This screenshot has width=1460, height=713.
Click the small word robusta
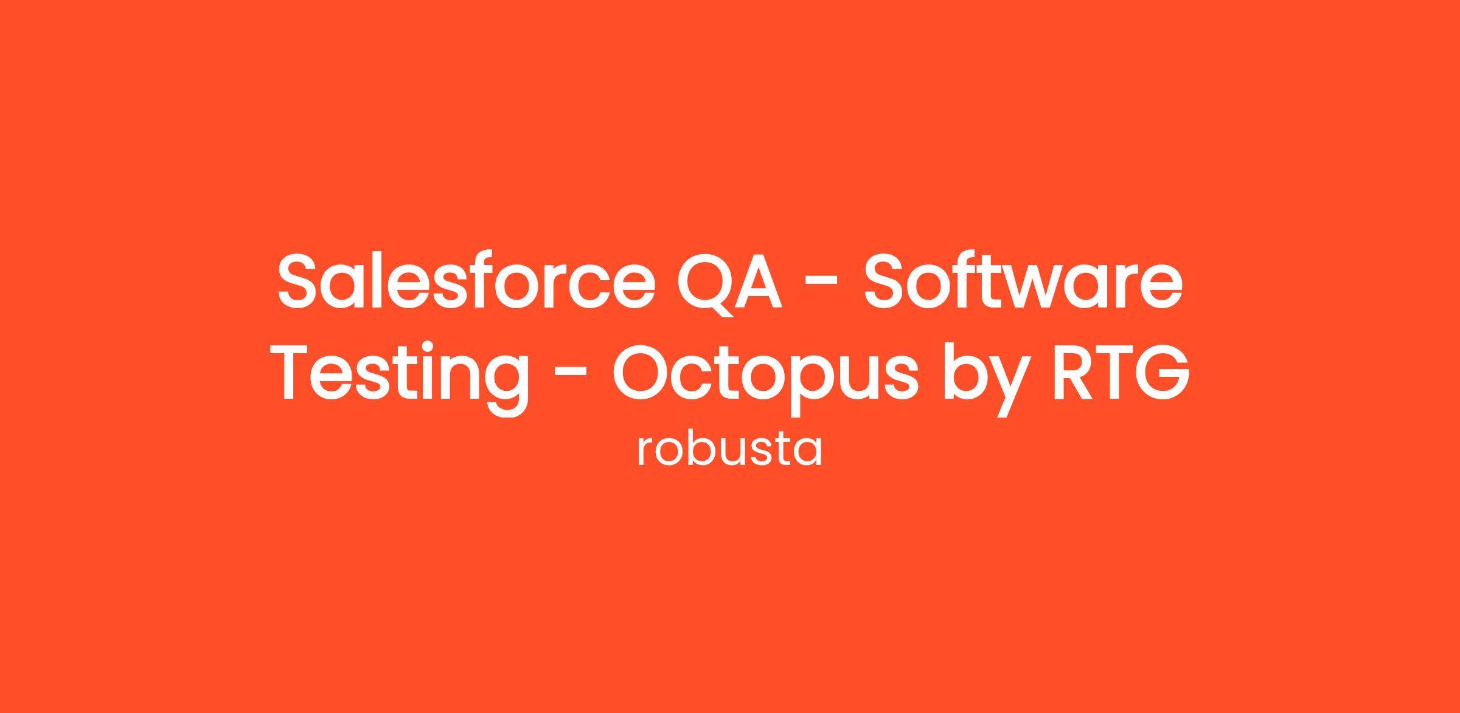tap(729, 450)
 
